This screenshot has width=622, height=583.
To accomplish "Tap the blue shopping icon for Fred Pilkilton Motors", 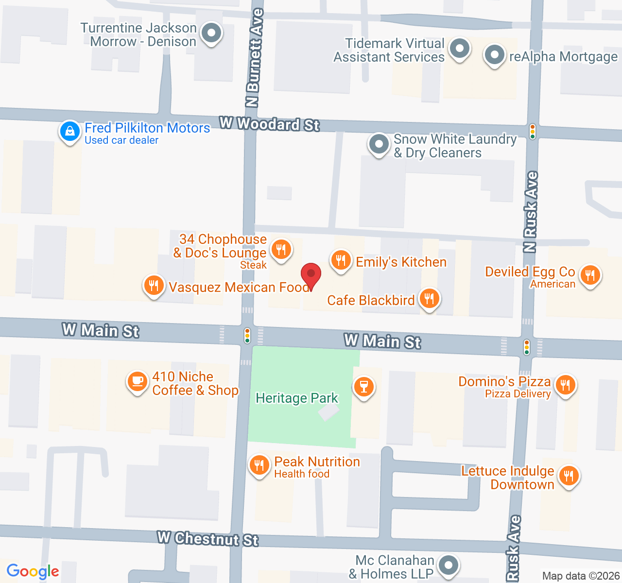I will click(70, 131).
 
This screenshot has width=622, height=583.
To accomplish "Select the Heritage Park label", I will click(296, 398).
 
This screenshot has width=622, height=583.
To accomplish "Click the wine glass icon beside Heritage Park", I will click(363, 387).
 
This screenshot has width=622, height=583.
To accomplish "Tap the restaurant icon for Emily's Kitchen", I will click(341, 260).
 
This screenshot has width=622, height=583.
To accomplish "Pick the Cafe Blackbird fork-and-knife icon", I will click(429, 299).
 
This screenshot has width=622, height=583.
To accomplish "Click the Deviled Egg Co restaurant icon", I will click(590, 275).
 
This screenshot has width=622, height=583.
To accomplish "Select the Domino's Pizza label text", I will click(504, 382).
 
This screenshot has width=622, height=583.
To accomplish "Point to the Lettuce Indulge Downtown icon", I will click(569, 476).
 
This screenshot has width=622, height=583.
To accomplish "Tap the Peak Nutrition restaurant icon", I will click(259, 465).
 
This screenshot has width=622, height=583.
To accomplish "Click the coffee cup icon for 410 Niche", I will click(138, 381).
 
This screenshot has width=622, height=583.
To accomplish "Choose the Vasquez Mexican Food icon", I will click(154, 286).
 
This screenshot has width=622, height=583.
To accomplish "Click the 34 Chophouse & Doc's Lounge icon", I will click(281, 250).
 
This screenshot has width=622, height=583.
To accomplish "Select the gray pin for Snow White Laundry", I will click(379, 144).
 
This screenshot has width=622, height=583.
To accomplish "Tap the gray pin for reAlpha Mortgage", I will click(495, 55).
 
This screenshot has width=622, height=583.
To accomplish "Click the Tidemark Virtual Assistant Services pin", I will click(459, 49).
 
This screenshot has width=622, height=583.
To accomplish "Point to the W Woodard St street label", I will click(269, 124).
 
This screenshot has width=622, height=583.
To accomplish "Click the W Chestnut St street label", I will click(208, 539).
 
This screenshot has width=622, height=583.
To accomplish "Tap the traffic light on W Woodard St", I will click(533, 132).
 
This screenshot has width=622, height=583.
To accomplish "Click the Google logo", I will click(33, 572).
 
